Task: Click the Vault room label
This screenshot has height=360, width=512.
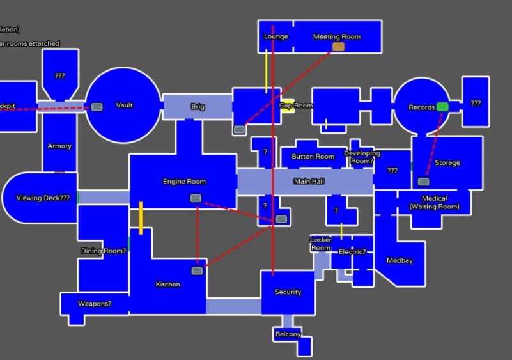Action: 125,106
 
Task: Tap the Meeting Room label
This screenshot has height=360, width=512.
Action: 337,37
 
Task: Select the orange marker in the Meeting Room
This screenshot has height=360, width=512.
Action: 338,47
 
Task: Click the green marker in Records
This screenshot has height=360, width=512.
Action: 442,107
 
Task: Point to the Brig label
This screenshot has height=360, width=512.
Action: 198,107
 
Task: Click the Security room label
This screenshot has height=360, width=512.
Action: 288,292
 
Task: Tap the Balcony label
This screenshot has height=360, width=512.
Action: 288,334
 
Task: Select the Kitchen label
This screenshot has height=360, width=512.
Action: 168,285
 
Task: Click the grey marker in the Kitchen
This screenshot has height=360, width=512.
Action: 198,271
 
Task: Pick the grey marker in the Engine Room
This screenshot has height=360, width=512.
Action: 196,198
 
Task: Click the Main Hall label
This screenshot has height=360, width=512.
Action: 309,182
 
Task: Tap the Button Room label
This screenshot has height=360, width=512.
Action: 313,157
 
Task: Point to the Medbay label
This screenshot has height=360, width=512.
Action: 400,261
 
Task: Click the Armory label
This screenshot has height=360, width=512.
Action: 59,146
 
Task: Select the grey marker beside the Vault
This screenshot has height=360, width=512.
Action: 97,107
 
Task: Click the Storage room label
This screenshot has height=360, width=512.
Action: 447,163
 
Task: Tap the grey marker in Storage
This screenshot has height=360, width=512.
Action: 423,182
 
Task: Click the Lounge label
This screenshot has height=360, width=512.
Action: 276,37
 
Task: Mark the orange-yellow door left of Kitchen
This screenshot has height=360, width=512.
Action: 141,218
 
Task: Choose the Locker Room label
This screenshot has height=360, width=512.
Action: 321,244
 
